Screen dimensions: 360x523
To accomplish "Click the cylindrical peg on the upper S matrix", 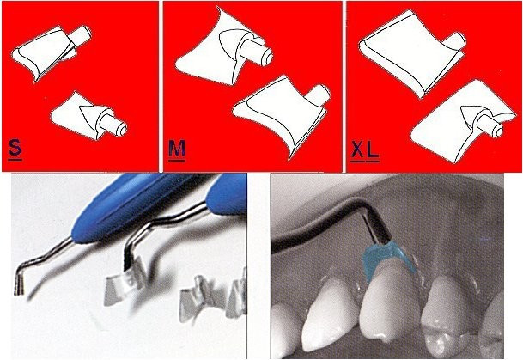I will [x=82, y=36].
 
